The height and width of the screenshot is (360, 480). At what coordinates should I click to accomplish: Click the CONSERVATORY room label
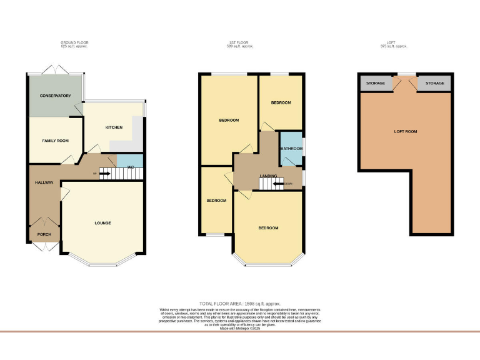[x=55, y=96]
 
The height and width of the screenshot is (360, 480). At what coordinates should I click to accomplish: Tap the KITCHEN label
[x=114, y=127]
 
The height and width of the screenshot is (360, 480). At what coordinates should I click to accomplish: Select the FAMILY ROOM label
[x=55, y=141]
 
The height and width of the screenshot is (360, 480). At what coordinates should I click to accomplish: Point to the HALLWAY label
[x=44, y=182]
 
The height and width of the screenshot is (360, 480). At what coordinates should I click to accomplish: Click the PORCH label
[x=44, y=234]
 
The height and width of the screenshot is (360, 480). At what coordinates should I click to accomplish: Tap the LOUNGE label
[x=102, y=222]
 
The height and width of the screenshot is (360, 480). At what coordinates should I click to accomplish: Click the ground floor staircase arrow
[x=104, y=173]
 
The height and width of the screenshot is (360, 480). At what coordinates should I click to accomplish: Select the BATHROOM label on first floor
[x=291, y=149]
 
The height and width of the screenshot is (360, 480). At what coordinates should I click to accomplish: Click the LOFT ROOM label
[x=405, y=131]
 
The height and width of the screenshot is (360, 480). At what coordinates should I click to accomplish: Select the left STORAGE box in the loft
[x=376, y=83]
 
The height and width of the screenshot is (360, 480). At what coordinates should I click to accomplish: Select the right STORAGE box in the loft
[x=435, y=83]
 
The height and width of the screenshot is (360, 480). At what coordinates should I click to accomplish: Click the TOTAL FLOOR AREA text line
[x=240, y=303]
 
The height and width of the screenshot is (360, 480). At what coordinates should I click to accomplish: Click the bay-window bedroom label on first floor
[x=269, y=227]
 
